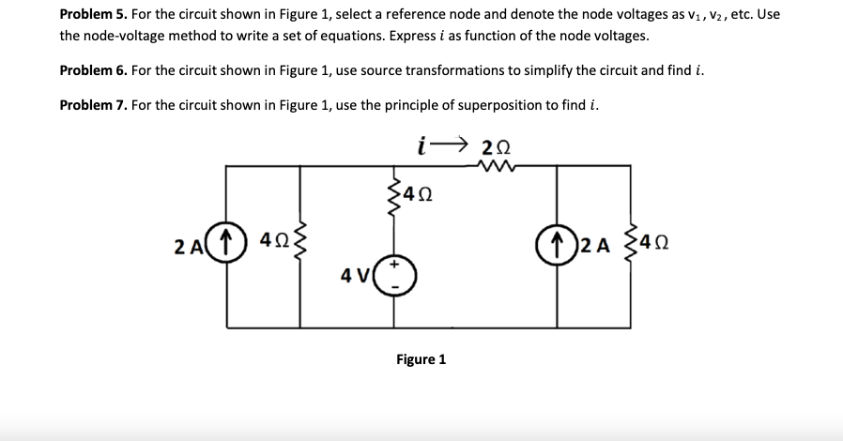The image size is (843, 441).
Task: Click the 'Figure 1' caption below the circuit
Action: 421,359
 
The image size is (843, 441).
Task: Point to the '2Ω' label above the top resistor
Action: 496,146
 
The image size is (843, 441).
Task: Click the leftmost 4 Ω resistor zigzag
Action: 300,247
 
